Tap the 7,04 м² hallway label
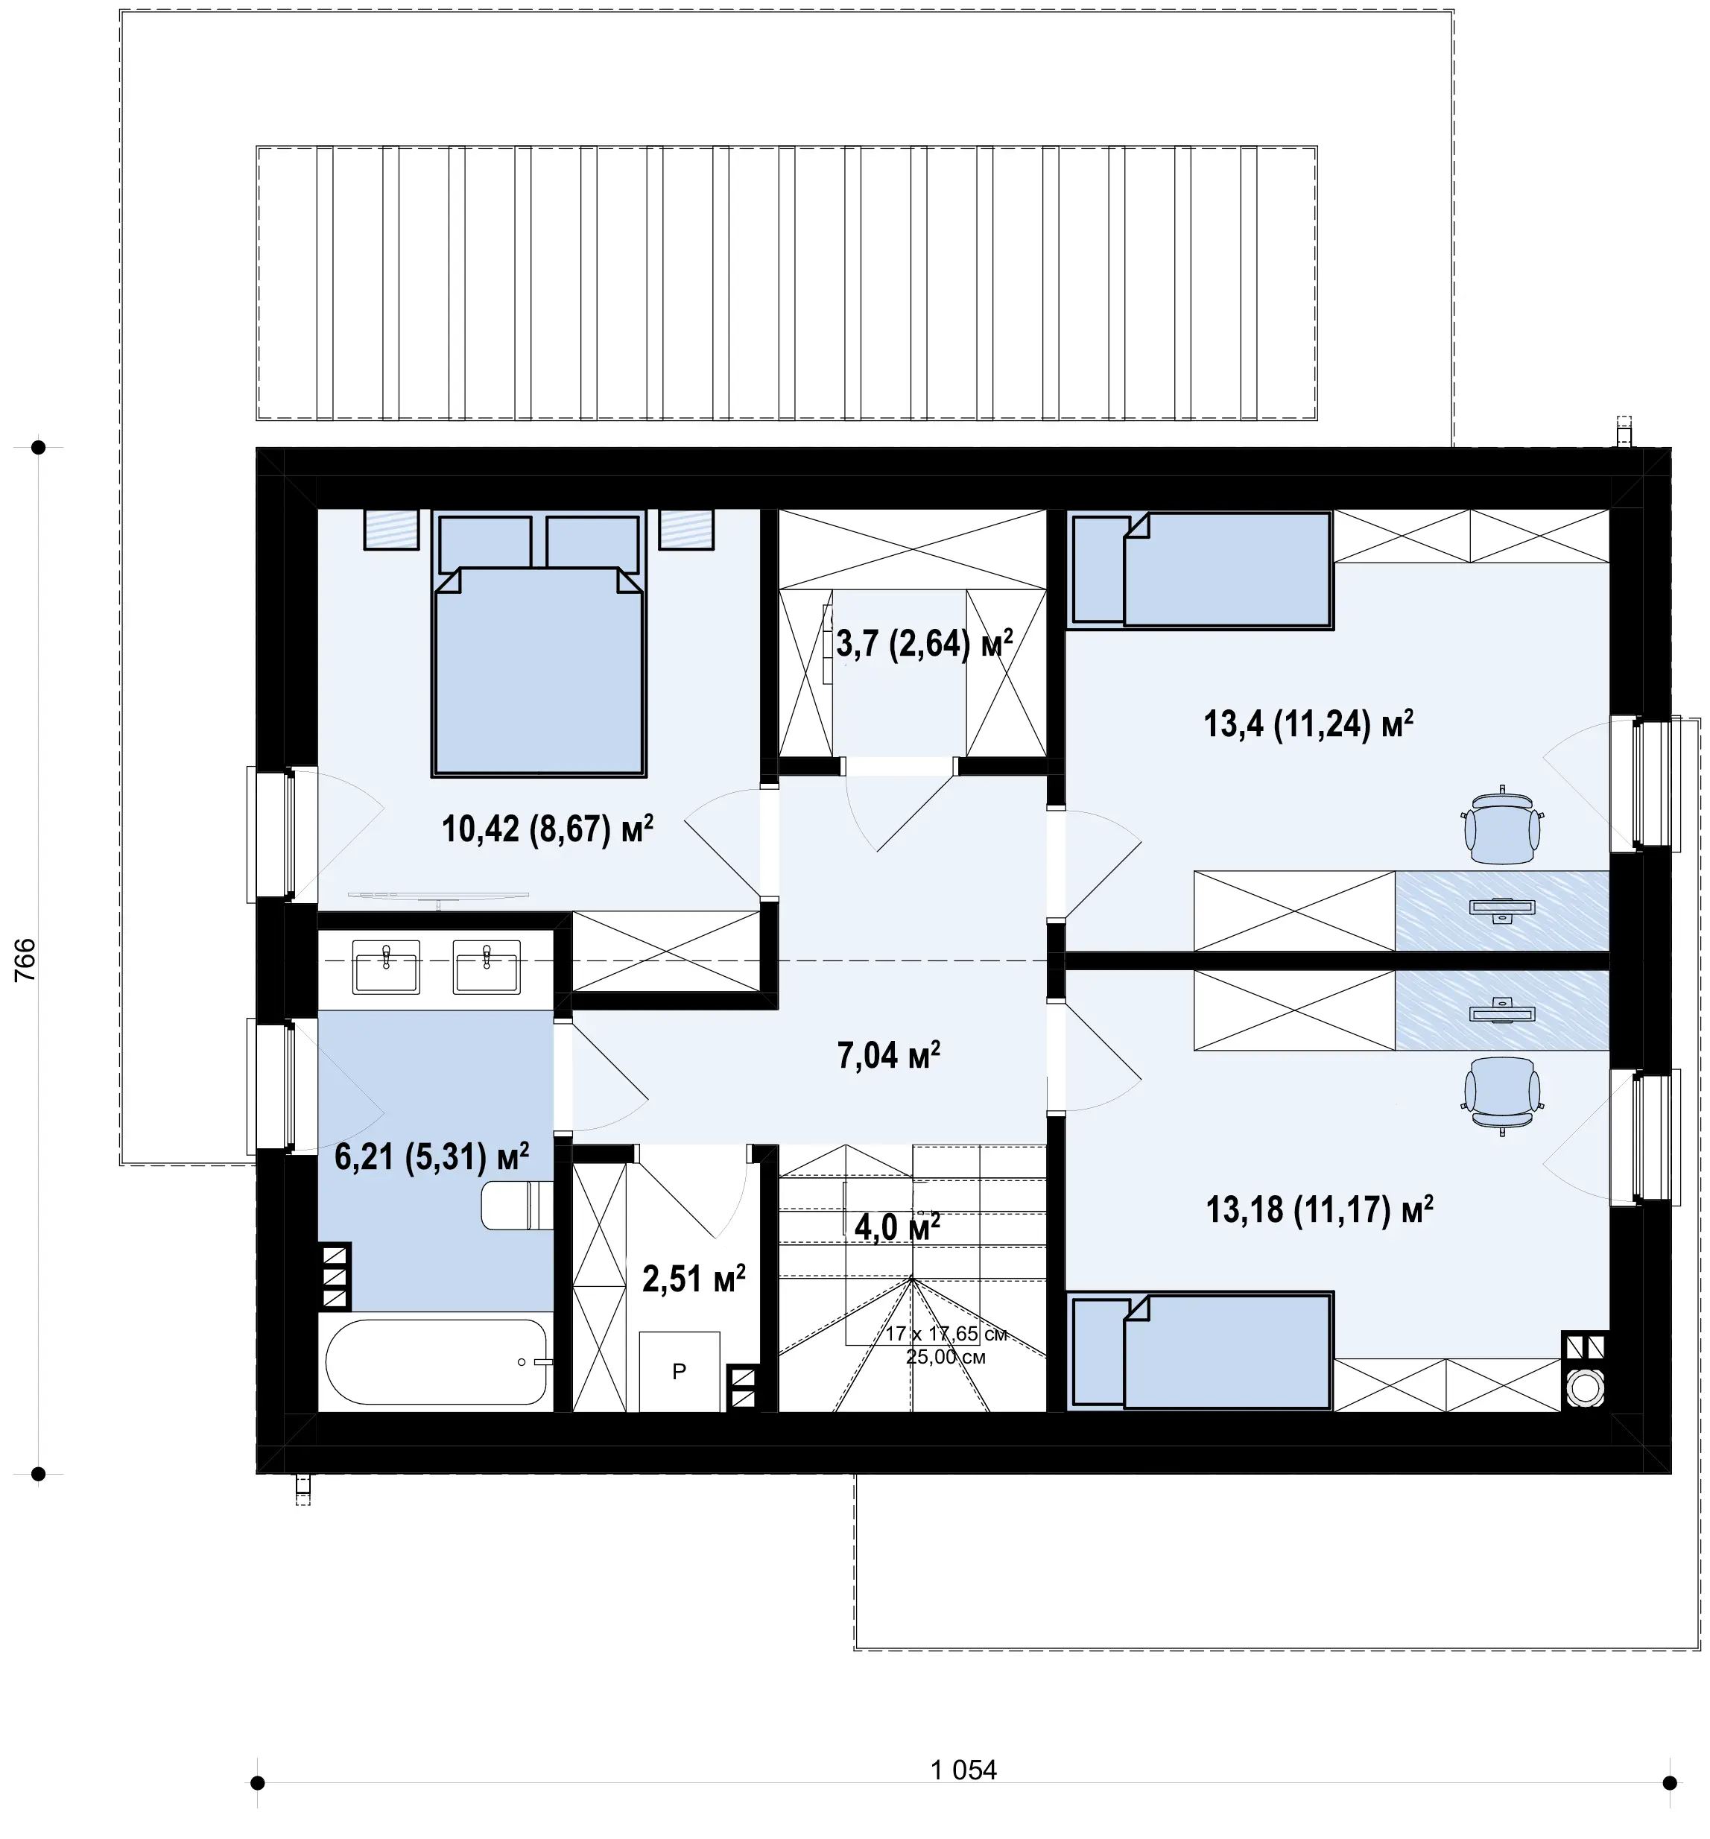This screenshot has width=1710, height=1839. coord(889,1054)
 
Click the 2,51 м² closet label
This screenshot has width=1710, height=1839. coord(694,1279)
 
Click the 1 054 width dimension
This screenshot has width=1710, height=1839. coord(963,1770)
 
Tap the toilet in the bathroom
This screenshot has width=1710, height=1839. coord(517,1204)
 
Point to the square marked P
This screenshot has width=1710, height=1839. coord(680,1372)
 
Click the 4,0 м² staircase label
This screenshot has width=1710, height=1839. coord(897,1226)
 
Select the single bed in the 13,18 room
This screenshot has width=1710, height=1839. coord(1200,1351)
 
